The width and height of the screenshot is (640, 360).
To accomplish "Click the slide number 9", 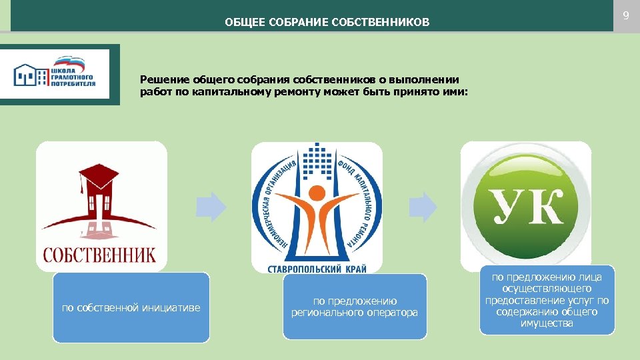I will point(626,15).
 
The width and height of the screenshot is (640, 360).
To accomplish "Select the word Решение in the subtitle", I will point(160,79).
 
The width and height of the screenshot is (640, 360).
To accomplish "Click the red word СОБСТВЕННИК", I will point(100,254).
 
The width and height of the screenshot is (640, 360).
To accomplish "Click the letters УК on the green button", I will point(526,208).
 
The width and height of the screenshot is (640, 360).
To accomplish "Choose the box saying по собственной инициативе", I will point(131,307).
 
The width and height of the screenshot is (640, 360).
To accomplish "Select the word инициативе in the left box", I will point(175,307).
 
